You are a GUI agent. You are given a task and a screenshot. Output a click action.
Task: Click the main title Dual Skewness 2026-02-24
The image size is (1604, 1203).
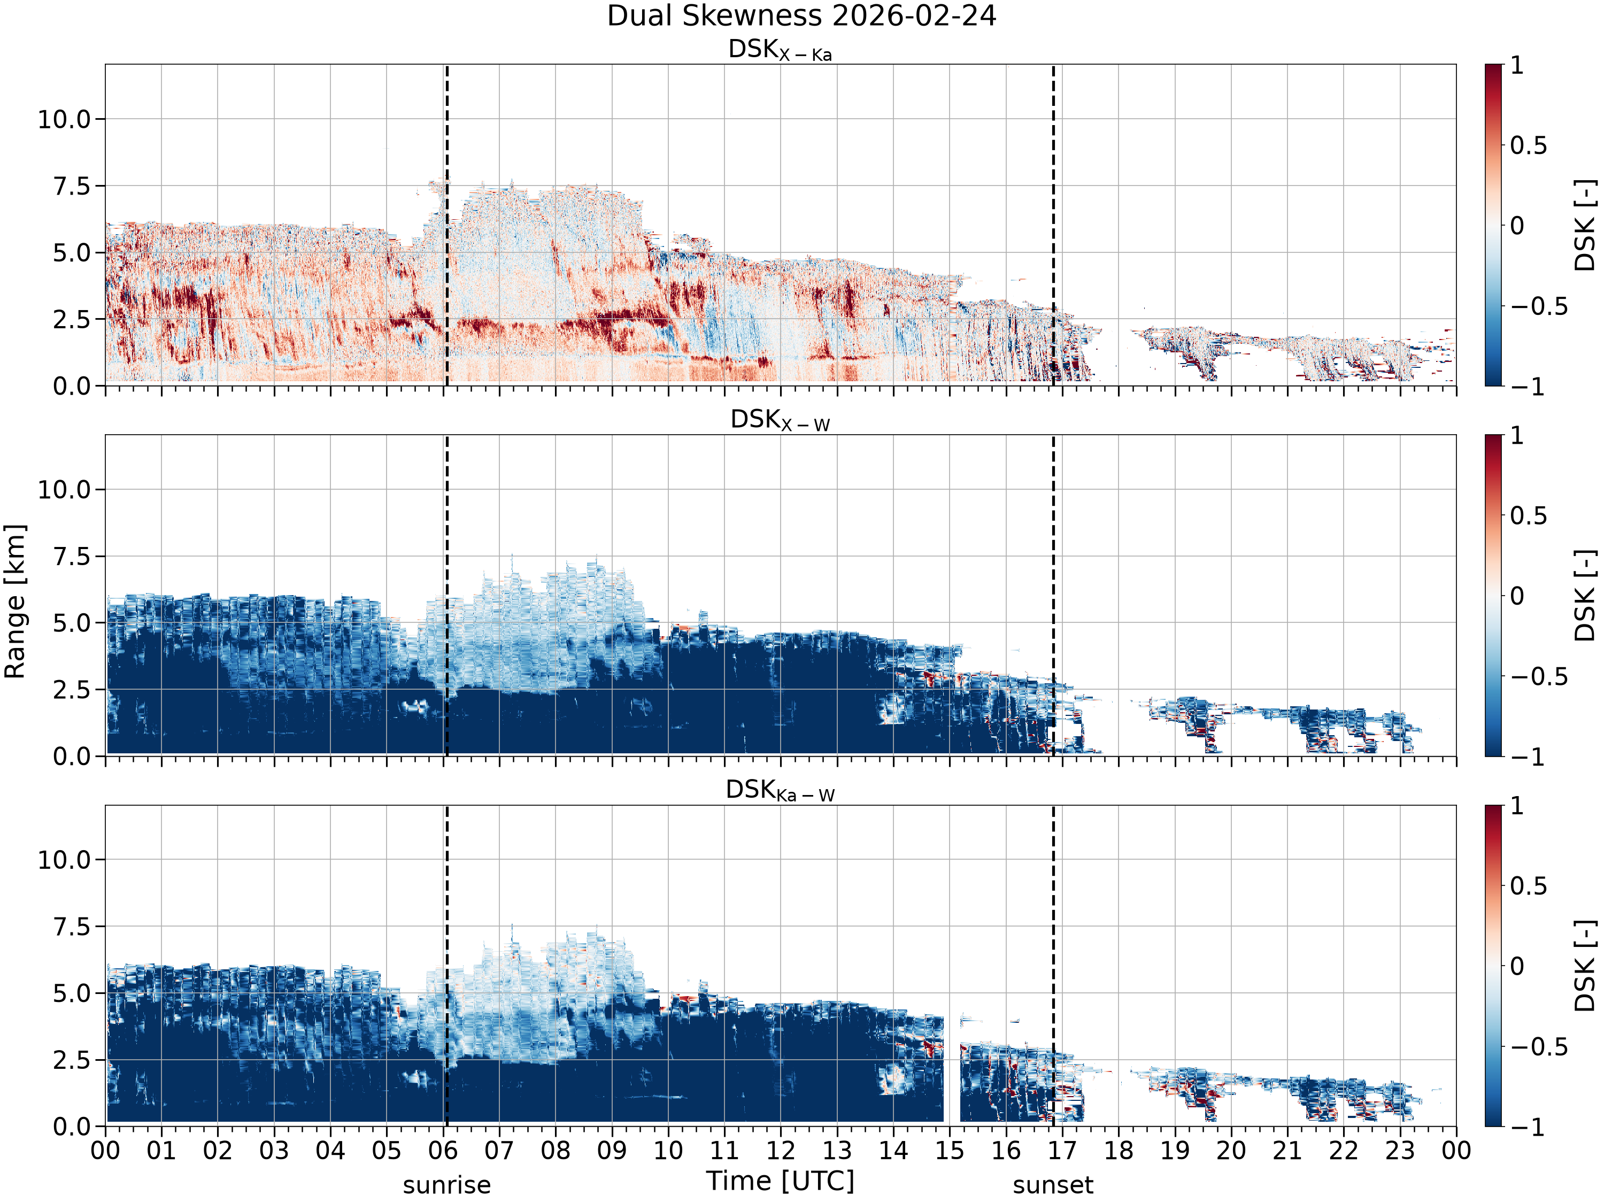tap(801, 16)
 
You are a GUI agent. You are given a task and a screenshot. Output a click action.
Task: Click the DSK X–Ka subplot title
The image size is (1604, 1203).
tap(780, 50)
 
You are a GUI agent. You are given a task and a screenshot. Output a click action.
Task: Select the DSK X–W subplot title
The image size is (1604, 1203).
tap(780, 420)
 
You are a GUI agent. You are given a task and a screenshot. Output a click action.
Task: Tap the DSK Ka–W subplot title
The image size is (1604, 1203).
tap(780, 790)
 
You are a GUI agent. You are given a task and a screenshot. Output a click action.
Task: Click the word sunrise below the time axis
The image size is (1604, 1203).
tap(446, 1185)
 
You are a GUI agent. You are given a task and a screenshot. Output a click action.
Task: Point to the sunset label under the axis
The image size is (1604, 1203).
tap(1053, 1185)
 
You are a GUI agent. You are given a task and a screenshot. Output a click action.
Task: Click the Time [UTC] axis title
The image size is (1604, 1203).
tap(780, 1181)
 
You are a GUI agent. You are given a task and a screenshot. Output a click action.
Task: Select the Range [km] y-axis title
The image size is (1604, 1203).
tap(15, 601)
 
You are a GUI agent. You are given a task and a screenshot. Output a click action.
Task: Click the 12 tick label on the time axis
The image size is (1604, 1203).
tap(780, 1151)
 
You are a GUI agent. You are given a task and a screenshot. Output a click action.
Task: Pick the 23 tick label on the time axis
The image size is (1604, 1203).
tap(1400, 1151)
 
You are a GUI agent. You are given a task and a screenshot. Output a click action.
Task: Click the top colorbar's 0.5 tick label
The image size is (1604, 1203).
tap(1529, 146)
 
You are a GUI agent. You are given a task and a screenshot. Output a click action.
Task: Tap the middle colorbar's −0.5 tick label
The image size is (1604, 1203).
tap(1539, 676)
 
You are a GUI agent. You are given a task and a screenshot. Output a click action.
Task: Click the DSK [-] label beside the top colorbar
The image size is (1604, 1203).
tap(1585, 226)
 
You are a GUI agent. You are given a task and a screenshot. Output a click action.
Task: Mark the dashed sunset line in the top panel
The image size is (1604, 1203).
tap(1053, 225)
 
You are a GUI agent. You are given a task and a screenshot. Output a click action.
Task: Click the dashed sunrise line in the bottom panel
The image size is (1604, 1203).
tap(446, 966)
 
